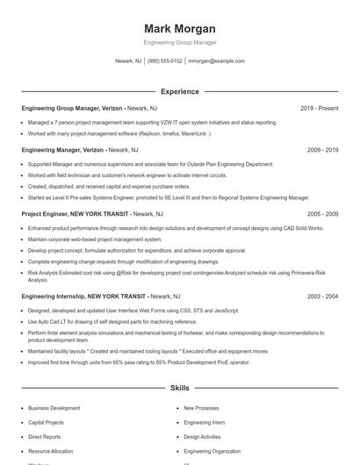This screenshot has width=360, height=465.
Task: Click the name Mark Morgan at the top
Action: (x=179, y=28)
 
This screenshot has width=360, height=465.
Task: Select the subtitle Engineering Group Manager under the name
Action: (x=179, y=42)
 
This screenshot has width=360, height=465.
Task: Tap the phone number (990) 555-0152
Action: (x=165, y=61)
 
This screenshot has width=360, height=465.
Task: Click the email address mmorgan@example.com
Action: (x=216, y=61)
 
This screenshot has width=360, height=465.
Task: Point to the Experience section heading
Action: (x=179, y=91)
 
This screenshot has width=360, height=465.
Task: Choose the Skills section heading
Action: (x=179, y=387)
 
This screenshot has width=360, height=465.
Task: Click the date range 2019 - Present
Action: (x=319, y=108)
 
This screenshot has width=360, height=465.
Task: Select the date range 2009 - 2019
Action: (x=322, y=150)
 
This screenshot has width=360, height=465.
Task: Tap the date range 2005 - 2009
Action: (x=322, y=213)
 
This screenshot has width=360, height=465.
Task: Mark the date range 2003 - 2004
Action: (x=322, y=297)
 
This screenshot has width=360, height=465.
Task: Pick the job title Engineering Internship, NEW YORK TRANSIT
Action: (x=83, y=297)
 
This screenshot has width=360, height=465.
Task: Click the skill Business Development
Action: (x=54, y=408)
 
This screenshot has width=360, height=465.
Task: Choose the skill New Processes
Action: (x=201, y=408)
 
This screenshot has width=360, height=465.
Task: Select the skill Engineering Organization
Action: (x=212, y=450)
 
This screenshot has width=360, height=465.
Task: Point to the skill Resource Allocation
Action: (x=51, y=450)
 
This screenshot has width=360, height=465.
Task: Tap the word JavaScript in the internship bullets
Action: (x=226, y=311)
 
